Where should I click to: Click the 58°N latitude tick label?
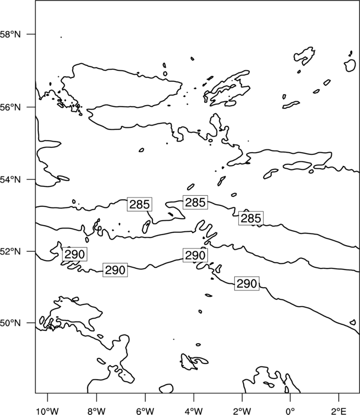[x=11, y=34]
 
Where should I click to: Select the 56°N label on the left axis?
[x=11, y=107]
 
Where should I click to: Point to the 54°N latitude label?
[x=11, y=180]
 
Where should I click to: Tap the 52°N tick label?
[x=11, y=251]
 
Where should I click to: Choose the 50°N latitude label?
[x=11, y=323]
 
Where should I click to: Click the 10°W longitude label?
[x=48, y=411]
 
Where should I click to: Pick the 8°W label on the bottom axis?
[x=96, y=411]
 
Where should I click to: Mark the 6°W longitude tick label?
[x=145, y=411]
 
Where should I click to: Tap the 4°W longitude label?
[x=194, y=411]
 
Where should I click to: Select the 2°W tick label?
[x=242, y=411]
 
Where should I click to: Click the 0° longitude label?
[x=290, y=411]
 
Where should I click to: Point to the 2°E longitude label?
[x=339, y=411]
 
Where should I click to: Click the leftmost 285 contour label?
[x=140, y=204]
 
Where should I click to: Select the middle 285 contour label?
[x=196, y=203]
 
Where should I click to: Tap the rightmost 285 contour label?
[x=251, y=219]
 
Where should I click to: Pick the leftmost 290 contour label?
[x=75, y=255]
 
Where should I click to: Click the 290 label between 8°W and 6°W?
[x=115, y=270]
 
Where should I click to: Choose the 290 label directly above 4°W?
[x=196, y=256]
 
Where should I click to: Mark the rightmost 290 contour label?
[x=247, y=284]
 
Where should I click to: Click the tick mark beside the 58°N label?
[x=31, y=34]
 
